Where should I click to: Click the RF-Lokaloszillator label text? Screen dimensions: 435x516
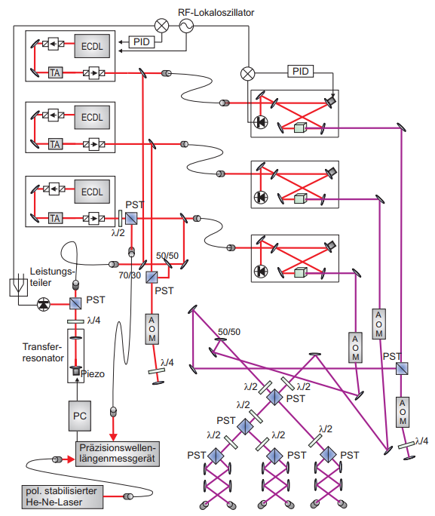tap(216, 13)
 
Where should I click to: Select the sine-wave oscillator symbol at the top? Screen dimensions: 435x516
tap(186, 26)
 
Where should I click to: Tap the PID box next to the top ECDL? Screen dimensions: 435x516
tap(142, 41)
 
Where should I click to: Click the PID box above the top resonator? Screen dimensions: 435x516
tap(301, 71)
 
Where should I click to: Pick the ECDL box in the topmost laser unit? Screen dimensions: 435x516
tap(92, 46)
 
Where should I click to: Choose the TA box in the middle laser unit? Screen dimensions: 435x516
tap(55, 144)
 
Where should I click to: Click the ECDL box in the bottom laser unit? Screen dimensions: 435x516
tap(92, 192)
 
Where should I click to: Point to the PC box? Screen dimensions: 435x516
tap(80, 416)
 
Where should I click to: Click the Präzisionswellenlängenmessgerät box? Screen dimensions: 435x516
tap(118, 454)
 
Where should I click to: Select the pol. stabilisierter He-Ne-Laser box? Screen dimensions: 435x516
tap(63, 496)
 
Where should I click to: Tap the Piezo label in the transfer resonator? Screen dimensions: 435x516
tap(93, 374)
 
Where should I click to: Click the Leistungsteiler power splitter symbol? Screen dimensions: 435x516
tap(18, 286)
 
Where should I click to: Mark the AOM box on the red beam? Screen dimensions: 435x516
tap(152, 329)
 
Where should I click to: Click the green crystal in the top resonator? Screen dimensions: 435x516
tap(300, 127)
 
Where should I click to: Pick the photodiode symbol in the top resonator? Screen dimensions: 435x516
tap(261, 122)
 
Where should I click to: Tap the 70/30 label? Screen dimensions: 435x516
tap(130, 275)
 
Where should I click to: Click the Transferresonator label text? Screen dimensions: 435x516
tap(43, 352)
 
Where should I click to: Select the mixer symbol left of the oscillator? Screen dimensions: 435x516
tap(162, 26)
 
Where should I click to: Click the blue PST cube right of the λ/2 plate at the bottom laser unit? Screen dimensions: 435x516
tap(131, 218)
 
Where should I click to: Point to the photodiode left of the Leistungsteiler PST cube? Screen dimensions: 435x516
tap(44, 304)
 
